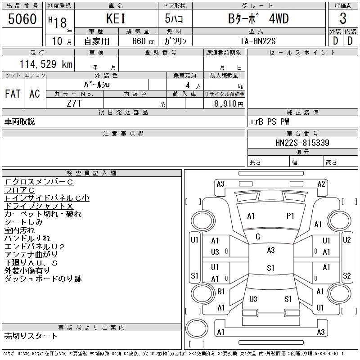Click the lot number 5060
(x=22, y=19)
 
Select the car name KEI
(x=117, y=19)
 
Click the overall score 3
(x=343, y=19)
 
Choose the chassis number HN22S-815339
(x=302, y=143)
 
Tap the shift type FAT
(x=13, y=94)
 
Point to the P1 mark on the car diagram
(x=290, y=216)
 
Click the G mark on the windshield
(x=258, y=237)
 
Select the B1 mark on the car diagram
(x=221, y=292)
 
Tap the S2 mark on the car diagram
(x=346, y=276)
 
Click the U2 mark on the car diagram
(x=346, y=240)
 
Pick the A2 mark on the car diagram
(x=321, y=184)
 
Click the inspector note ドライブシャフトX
(x=45, y=206)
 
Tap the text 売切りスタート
(x=31, y=336)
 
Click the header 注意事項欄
(x=123, y=134)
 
